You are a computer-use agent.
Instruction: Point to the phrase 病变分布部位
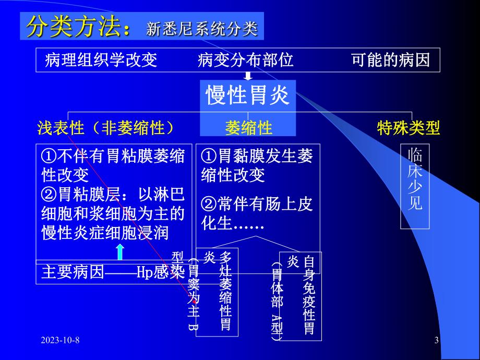point(245,61)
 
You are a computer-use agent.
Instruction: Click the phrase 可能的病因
point(391,61)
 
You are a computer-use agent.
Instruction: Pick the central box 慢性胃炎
point(248,96)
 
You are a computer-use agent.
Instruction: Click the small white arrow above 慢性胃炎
point(248,76)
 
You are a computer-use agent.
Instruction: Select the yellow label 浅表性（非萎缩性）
point(105,128)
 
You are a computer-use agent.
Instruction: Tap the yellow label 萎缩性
point(248,128)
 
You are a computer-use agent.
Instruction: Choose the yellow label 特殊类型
point(409,128)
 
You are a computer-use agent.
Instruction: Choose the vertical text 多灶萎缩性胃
point(225,292)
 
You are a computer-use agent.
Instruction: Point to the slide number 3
point(437,341)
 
